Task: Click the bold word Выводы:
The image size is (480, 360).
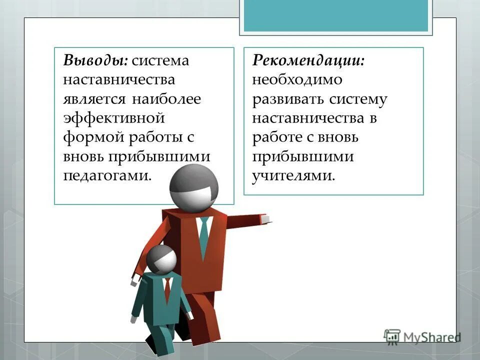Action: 95,61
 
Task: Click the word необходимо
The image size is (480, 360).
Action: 297,80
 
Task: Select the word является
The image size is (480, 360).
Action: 94,99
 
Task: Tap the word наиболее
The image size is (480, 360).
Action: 166,99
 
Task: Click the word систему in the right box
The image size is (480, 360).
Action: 358,99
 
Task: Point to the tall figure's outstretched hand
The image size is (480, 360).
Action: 265,219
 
